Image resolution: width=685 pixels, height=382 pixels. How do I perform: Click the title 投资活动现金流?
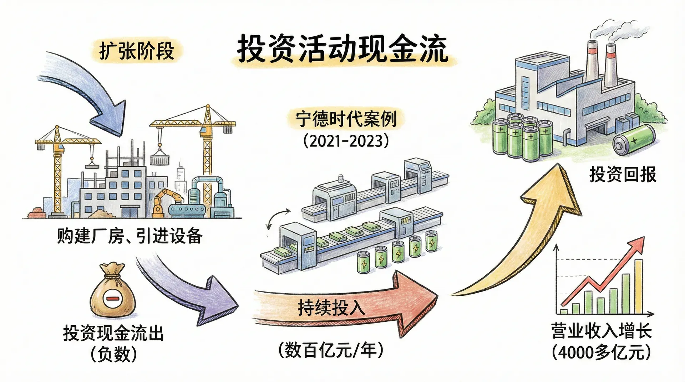342,49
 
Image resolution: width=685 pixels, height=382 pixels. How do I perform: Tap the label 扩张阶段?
137,51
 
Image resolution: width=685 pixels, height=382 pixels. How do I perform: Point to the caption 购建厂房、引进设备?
130,236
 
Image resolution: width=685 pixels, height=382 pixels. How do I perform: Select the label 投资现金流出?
113,333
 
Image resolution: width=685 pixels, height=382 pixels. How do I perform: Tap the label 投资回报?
623,175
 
